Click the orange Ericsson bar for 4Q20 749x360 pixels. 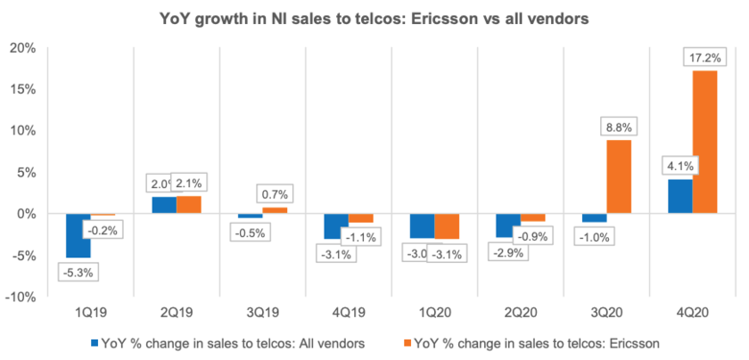704,142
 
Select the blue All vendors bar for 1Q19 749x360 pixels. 78,235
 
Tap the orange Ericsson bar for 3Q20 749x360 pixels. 619,176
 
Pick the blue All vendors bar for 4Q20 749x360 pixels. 680,196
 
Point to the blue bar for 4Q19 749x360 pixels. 335,226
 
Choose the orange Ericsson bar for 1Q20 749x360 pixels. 447,226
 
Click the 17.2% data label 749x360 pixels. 705,57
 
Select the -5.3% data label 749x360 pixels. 78,271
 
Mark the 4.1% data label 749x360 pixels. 679,166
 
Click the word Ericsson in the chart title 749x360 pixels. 439,18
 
